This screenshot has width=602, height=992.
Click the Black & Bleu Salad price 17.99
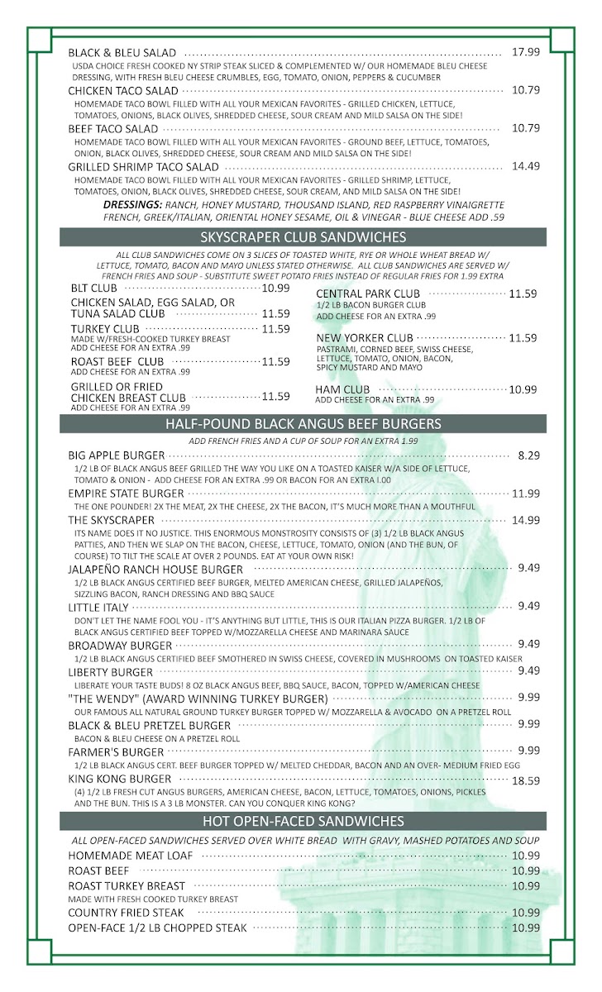[x=525, y=51]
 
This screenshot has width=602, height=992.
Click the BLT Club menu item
[x=93, y=289]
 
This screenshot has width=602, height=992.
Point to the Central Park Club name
[x=368, y=293]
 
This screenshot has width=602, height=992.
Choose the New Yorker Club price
[x=523, y=338]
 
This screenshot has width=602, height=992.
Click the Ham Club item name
[x=342, y=389]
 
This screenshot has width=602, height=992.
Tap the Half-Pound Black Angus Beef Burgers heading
[x=303, y=424]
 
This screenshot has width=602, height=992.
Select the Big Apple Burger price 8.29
[x=528, y=455]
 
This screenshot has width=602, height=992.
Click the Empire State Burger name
[x=126, y=494]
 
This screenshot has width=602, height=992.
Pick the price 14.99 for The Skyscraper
[x=525, y=520]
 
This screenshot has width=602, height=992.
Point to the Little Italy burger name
[x=98, y=608]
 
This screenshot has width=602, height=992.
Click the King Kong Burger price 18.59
[x=525, y=780]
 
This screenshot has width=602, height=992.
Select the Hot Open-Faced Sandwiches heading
[x=303, y=821]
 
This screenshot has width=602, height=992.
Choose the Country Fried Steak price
[x=525, y=913]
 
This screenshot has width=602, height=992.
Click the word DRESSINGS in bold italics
[x=132, y=204]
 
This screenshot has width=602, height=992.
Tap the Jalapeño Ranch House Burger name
[x=155, y=569]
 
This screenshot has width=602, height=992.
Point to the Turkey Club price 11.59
[x=275, y=329]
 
